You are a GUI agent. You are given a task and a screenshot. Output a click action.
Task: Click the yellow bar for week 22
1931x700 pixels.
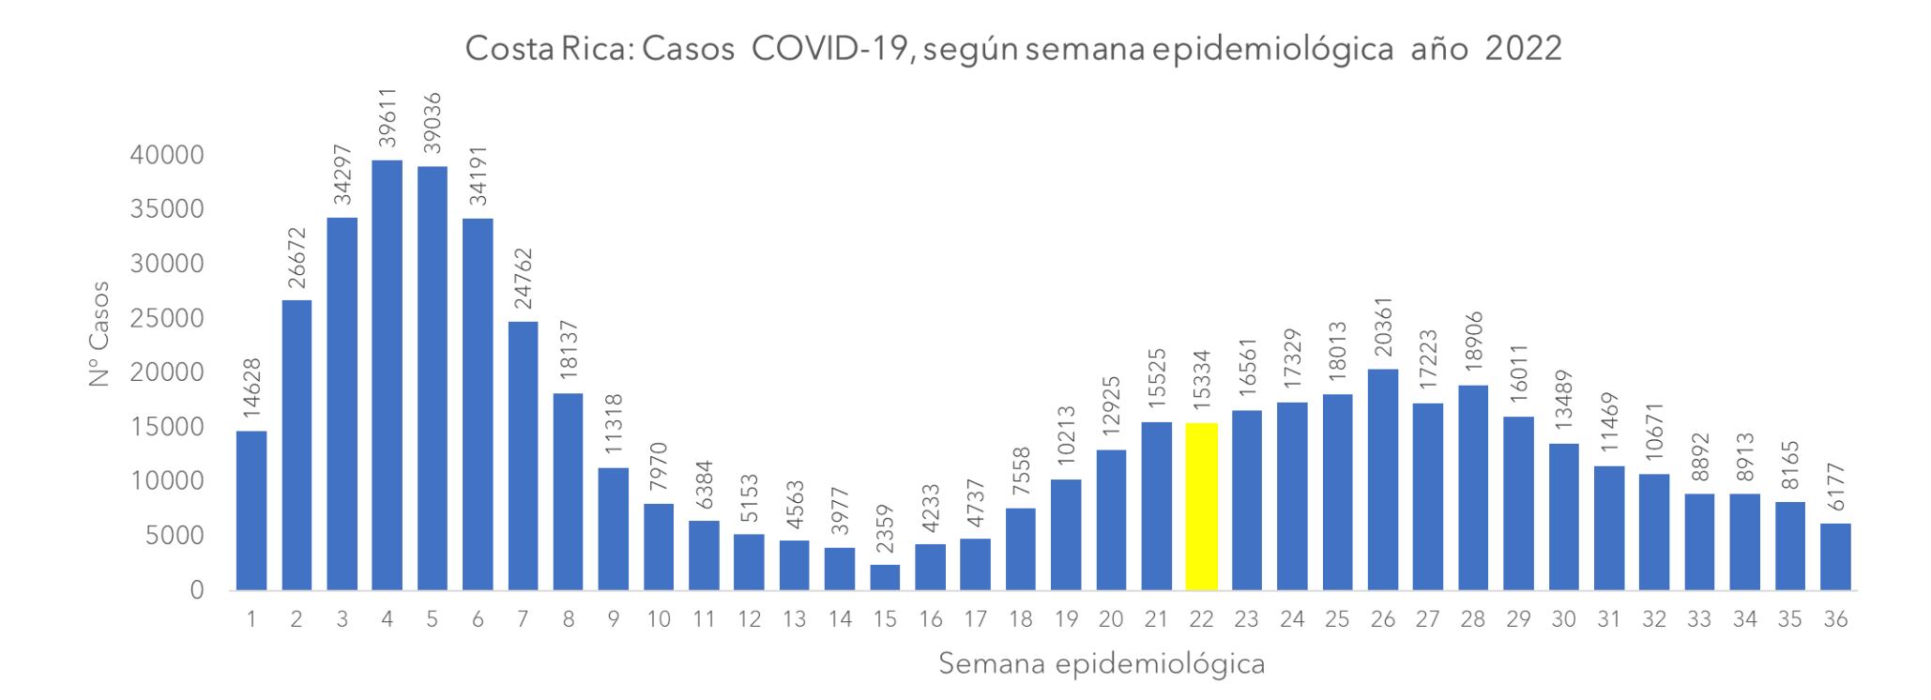coord(1202,507)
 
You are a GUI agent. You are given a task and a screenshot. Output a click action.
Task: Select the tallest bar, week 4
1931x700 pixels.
coord(387,375)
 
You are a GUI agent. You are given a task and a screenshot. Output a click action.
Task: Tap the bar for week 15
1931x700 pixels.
coord(885,577)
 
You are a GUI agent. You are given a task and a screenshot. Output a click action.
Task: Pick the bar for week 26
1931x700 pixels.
coord(1383,479)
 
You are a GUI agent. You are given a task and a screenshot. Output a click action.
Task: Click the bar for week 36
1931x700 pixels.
coord(1835,556)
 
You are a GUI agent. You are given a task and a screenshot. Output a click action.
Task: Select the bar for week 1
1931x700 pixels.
coord(251,510)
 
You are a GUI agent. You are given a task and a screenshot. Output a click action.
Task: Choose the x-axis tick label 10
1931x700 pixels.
coord(659,619)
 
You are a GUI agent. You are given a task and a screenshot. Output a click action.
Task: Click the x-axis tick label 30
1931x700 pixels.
coord(1563,619)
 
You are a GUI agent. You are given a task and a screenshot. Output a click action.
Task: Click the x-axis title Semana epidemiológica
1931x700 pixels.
coord(1102,664)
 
